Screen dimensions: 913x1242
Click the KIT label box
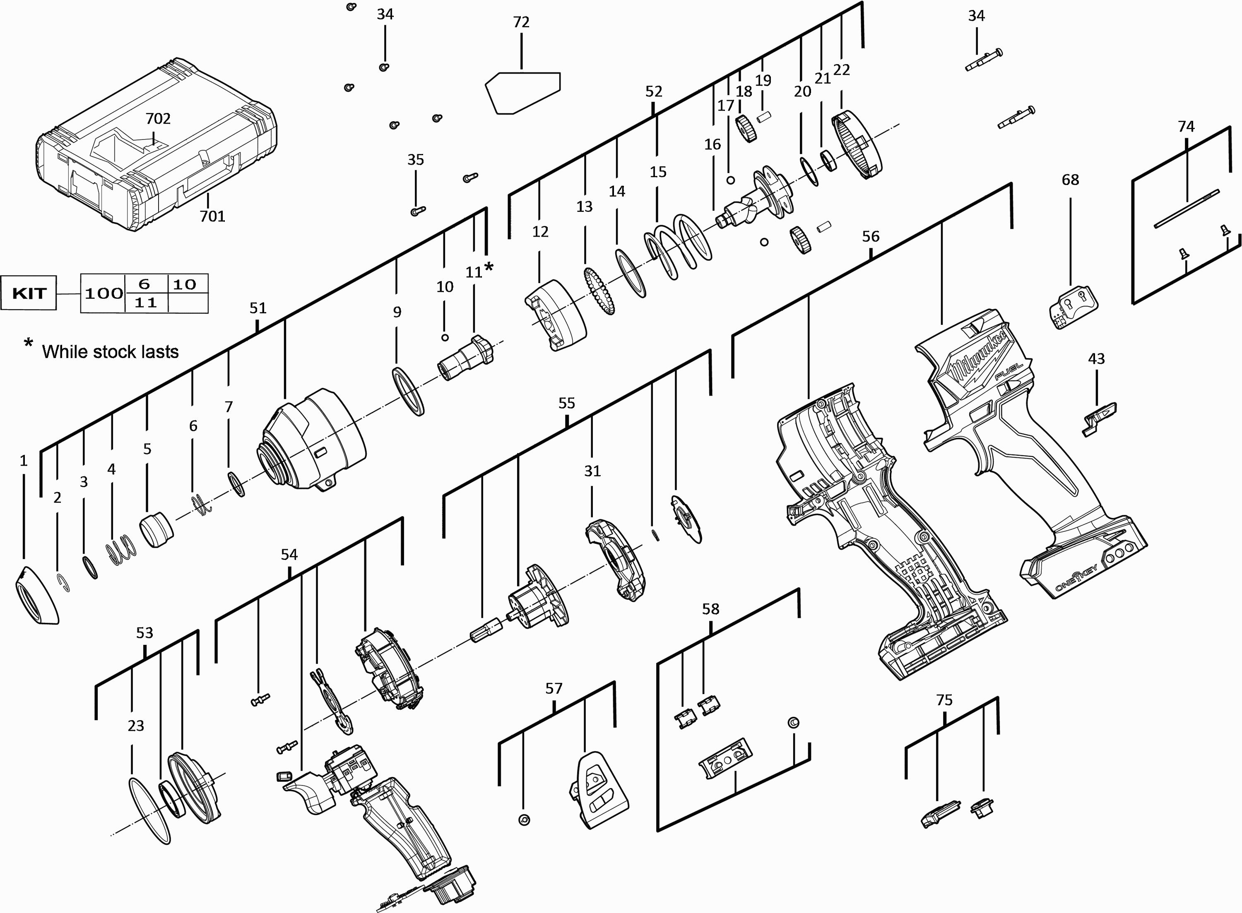[29, 293]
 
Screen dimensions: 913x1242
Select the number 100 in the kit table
[103, 293]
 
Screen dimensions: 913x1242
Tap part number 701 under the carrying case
[212, 216]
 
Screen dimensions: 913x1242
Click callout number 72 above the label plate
[521, 22]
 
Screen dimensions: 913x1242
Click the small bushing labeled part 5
[156, 529]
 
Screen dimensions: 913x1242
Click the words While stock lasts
[110, 352]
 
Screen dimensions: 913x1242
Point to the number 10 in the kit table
[185, 284]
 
